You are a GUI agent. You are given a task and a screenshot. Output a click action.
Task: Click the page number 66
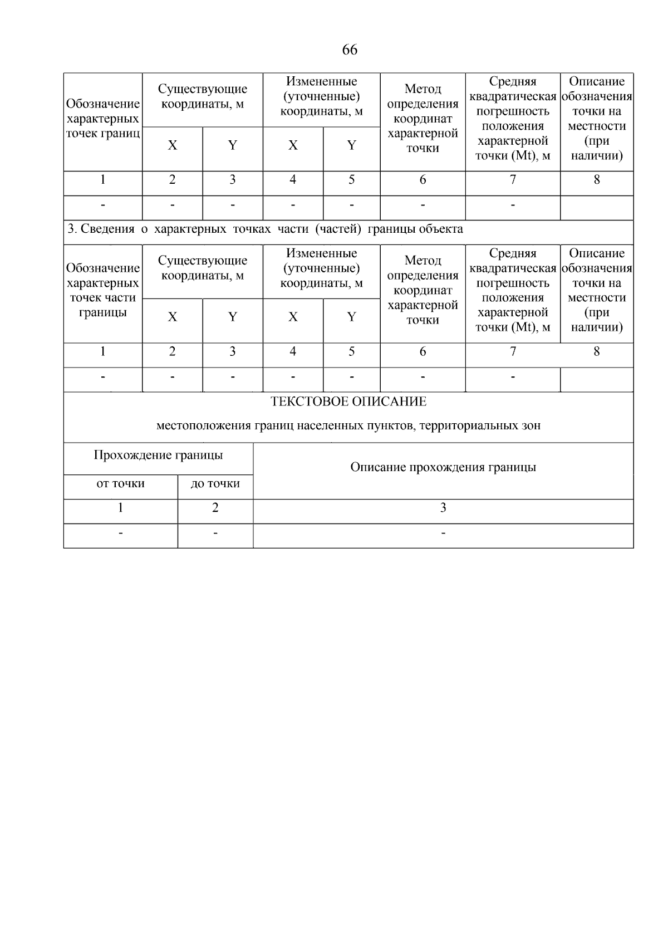(349, 50)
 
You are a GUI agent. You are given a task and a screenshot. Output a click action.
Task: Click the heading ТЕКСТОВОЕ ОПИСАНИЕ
(348, 401)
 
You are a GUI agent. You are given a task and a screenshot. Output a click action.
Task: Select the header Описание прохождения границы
(443, 467)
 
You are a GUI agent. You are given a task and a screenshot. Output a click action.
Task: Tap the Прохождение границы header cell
(158, 456)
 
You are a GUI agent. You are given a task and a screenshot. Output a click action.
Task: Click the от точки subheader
(120, 483)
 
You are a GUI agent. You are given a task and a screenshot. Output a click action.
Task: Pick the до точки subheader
(215, 483)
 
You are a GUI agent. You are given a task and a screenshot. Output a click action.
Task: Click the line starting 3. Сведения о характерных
(265, 229)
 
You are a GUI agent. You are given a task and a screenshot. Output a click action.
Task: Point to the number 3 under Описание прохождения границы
(443, 508)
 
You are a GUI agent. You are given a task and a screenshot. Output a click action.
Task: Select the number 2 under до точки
(215, 508)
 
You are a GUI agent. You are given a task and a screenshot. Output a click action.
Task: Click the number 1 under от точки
(120, 508)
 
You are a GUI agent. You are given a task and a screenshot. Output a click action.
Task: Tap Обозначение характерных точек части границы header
(103, 290)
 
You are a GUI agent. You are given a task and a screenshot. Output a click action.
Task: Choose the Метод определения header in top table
(423, 119)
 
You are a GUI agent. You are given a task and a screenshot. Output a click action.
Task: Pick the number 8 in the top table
(597, 179)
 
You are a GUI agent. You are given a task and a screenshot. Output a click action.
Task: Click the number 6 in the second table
(423, 351)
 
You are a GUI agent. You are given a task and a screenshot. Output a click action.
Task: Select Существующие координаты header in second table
(202, 268)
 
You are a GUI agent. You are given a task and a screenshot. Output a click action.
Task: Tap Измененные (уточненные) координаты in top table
(321, 96)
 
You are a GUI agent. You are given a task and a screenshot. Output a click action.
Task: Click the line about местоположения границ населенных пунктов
(348, 426)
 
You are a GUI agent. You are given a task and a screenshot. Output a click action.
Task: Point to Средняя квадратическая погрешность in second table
(513, 290)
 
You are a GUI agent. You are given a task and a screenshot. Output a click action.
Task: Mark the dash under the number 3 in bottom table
(443, 533)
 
